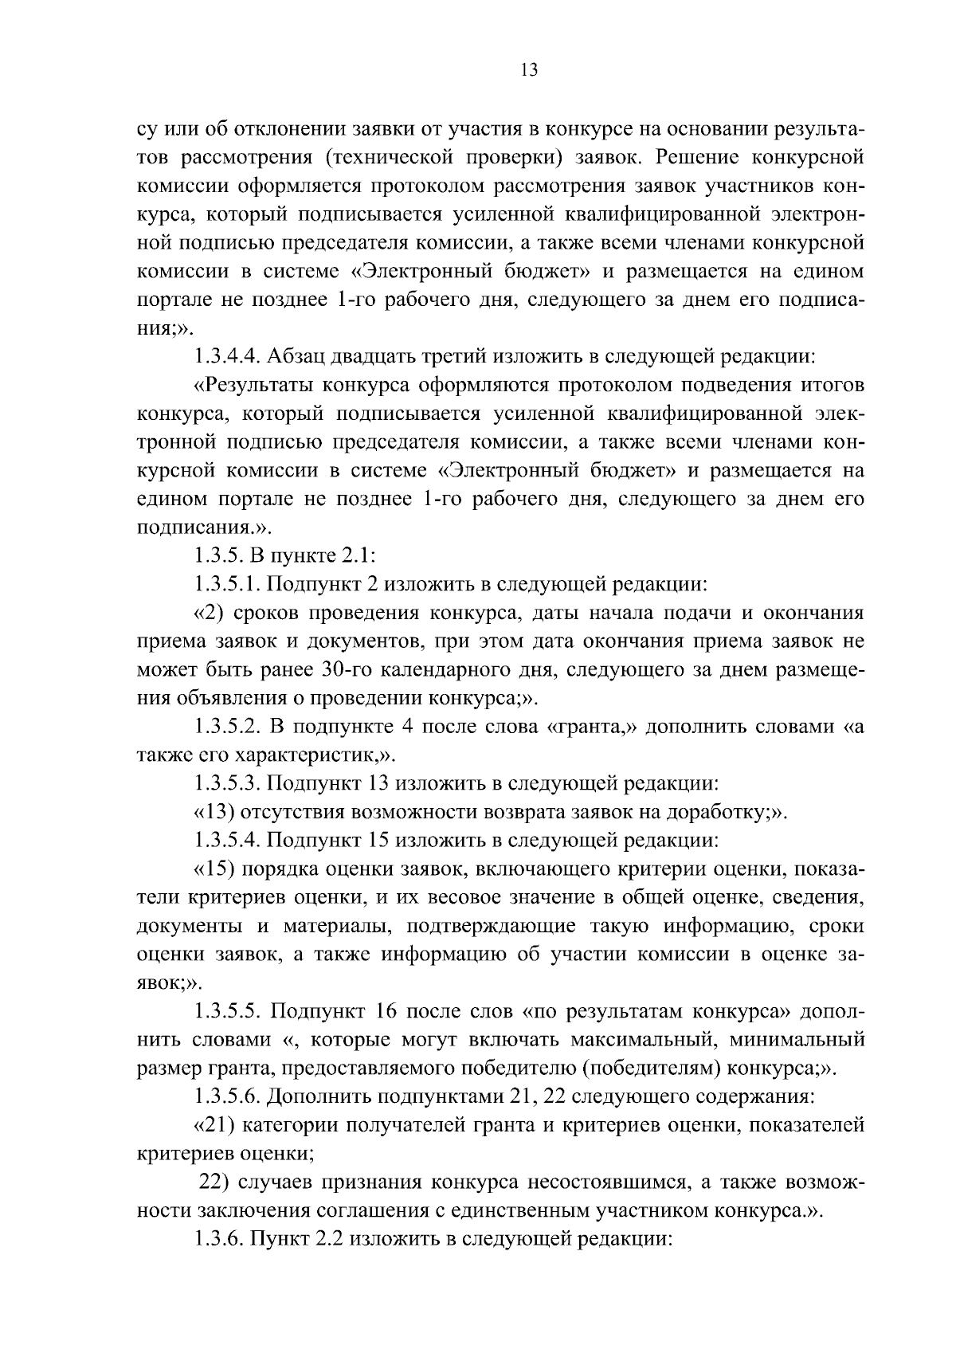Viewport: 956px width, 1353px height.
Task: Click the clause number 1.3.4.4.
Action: (x=229, y=355)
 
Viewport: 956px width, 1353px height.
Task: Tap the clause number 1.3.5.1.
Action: (x=227, y=585)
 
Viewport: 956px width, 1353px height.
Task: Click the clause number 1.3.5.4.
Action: (x=229, y=840)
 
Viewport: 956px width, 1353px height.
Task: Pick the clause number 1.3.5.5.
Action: (x=229, y=1012)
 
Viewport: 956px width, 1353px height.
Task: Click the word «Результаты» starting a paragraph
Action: (x=254, y=386)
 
